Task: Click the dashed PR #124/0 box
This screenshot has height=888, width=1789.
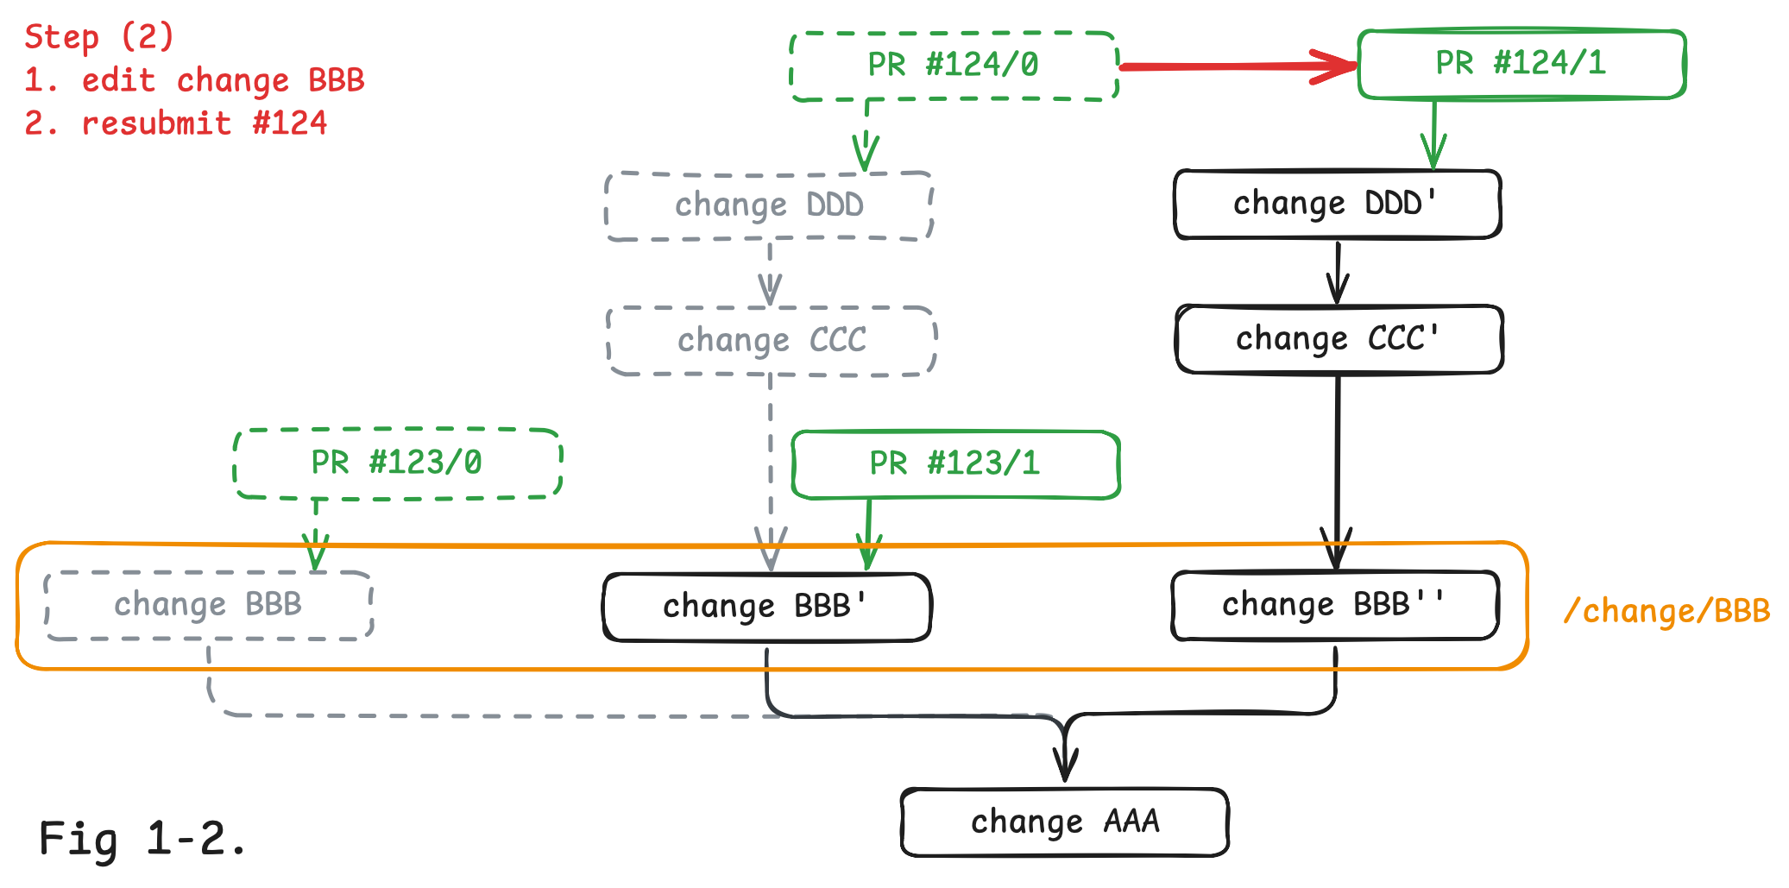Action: (954, 66)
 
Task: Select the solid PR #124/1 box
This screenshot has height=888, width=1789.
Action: (1521, 65)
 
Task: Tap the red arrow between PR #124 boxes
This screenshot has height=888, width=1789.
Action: (1238, 66)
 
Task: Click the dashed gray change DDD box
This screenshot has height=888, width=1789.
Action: (769, 206)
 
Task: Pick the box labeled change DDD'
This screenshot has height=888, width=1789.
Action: (1337, 205)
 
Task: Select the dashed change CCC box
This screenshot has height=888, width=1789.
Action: (772, 341)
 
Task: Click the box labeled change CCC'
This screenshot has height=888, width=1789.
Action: (1339, 339)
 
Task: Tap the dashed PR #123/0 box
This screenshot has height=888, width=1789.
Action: (397, 463)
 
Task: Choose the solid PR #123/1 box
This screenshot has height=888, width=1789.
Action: (955, 464)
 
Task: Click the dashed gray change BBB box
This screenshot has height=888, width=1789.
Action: (208, 605)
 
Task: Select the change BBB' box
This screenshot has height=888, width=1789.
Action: (766, 607)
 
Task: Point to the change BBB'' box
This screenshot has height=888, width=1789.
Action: (1334, 605)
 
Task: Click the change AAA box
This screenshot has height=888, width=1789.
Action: (1064, 822)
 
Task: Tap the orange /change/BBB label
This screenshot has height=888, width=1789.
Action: (1666, 611)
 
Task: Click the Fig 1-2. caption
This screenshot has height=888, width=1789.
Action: (142, 839)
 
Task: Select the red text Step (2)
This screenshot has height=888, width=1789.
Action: (99, 37)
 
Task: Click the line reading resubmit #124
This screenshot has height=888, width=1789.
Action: (176, 123)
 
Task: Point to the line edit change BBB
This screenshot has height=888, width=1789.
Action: (194, 80)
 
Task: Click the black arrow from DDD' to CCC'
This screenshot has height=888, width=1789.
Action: (1338, 272)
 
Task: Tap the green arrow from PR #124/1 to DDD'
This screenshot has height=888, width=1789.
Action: (1433, 135)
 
